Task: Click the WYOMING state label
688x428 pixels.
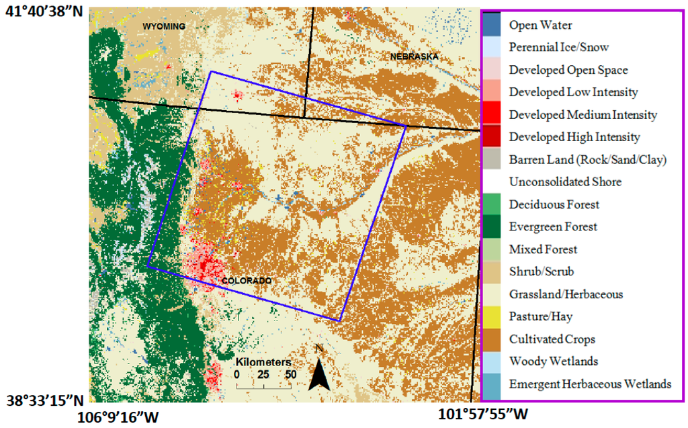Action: tap(163, 26)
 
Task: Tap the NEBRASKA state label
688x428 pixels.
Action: tap(414, 57)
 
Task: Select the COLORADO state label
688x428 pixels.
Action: tap(246, 280)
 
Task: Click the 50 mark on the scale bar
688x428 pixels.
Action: tap(290, 374)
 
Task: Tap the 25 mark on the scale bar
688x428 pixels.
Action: tap(263, 374)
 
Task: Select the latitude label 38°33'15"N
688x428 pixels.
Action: tap(45, 400)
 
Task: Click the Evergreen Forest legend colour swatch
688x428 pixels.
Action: tap(492, 226)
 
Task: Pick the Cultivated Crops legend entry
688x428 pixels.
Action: tap(552, 339)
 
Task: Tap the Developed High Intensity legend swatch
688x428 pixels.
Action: tap(492, 137)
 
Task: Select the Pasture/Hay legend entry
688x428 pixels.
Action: tap(540, 316)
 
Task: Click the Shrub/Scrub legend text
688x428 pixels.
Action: tap(541, 271)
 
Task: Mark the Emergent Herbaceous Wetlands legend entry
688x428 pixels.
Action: tap(590, 384)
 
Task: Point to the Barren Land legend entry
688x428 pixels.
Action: tap(587, 160)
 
